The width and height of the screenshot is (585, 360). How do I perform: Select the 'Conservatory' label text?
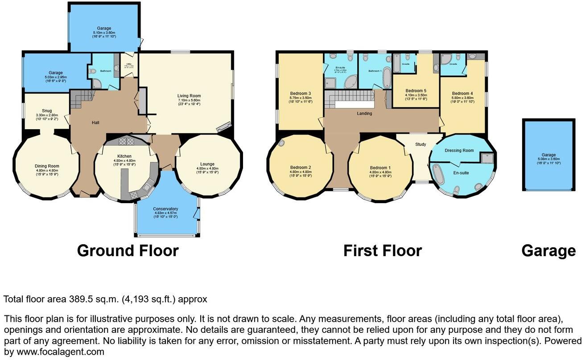(x=165, y=209)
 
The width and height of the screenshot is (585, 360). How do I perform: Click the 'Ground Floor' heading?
(x=128, y=250)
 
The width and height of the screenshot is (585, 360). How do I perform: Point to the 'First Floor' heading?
(x=382, y=250)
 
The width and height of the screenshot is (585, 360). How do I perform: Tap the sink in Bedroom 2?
(x=282, y=143)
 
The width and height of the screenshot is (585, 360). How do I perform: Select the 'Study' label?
(x=420, y=144)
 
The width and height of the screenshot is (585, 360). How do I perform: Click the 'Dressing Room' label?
(x=459, y=151)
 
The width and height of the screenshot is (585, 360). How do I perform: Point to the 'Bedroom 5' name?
(x=416, y=90)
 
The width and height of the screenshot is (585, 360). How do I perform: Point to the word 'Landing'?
(x=364, y=114)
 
